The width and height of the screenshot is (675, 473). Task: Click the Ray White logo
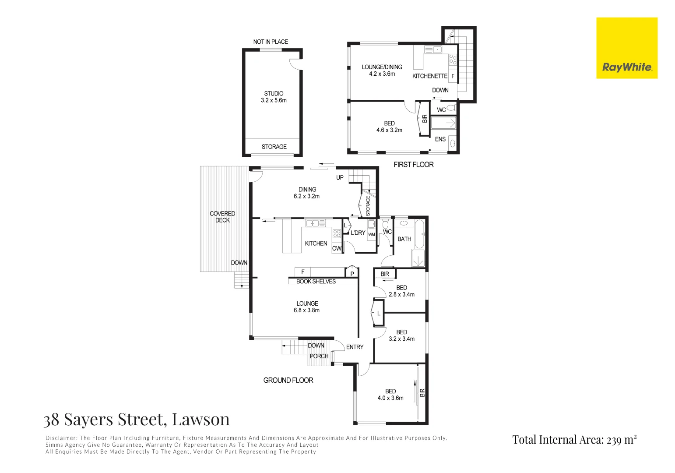pyautogui.click(x=626, y=48)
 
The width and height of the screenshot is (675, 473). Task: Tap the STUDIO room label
pyautogui.click(x=274, y=93)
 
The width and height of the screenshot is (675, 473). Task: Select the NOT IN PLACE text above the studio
pyautogui.click(x=271, y=42)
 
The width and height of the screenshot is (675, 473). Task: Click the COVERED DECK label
pyautogui.click(x=222, y=217)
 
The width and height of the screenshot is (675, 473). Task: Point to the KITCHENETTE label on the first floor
pyautogui.click(x=429, y=76)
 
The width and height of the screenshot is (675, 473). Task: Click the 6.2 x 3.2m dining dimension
pyautogui.click(x=306, y=196)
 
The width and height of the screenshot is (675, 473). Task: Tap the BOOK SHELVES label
pyautogui.click(x=316, y=281)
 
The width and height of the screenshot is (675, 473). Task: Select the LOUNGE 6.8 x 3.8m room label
pyautogui.click(x=307, y=307)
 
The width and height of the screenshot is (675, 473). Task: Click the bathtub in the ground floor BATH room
pyautogui.click(x=419, y=234)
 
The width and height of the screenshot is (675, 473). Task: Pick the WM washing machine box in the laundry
pyautogui.click(x=371, y=235)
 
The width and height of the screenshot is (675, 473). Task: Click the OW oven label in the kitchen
pyautogui.click(x=336, y=248)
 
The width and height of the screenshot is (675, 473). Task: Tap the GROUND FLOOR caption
pyautogui.click(x=288, y=380)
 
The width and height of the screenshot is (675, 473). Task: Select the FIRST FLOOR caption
pyautogui.click(x=413, y=165)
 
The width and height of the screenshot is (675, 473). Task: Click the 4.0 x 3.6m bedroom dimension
pyautogui.click(x=390, y=398)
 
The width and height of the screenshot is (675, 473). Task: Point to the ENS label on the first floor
pyautogui.click(x=440, y=139)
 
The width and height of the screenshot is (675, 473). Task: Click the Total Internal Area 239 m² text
pyautogui.click(x=574, y=440)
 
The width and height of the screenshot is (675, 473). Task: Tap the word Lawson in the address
pyautogui.click(x=200, y=419)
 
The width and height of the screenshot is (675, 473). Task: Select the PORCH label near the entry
pyautogui.click(x=319, y=356)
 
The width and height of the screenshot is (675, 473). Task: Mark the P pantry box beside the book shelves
pyautogui.click(x=352, y=274)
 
